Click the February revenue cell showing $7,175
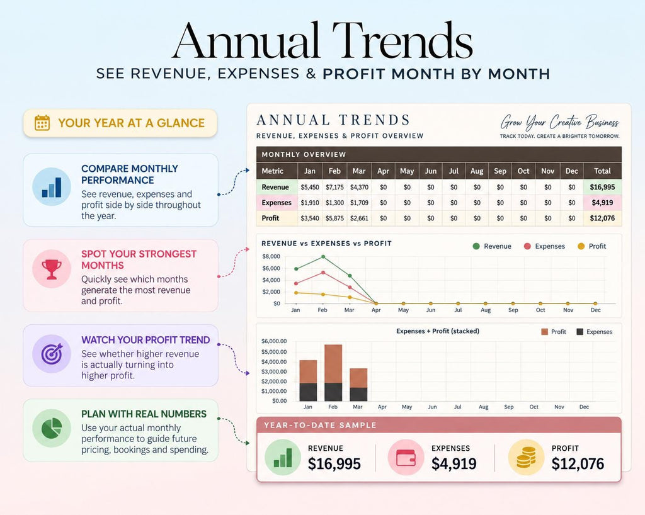point(334,188)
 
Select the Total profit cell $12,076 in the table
point(602,218)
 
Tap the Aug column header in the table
point(477,171)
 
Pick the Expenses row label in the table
point(277,203)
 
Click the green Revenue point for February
point(323,257)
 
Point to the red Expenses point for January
point(296,283)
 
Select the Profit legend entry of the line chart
point(592,246)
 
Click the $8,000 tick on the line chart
point(271,256)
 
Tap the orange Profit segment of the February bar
point(333,364)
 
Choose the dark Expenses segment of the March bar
point(358,394)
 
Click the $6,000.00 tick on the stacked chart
point(274,341)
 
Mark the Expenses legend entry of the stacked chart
point(595,332)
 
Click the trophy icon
point(52,269)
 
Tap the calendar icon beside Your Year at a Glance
point(42,123)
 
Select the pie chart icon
point(52,428)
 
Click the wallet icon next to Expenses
point(406,458)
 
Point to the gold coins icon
point(526,458)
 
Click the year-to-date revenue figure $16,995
point(334,464)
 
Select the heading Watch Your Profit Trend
point(146,340)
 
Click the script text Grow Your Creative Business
point(560,122)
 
